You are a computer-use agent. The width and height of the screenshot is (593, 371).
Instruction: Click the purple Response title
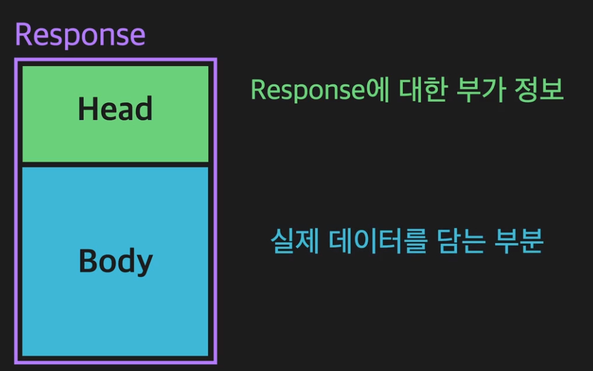click(x=80, y=35)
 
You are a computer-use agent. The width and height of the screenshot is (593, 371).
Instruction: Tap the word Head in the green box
click(x=115, y=109)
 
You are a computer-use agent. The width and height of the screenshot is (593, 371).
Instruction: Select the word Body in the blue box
click(x=115, y=262)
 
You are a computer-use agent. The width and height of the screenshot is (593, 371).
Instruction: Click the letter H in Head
click(x=87, y=109)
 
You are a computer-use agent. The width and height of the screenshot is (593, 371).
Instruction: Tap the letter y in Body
click(x=144, y=264)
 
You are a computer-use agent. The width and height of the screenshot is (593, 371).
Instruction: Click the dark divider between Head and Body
click(x=115, y=164)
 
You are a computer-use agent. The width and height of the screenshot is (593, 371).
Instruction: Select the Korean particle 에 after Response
click(x=377, y=91)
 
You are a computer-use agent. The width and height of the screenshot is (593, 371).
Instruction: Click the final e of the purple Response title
click(x=137, y=36)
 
